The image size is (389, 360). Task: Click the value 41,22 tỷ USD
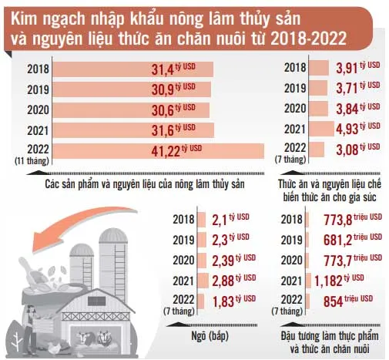(174, 150)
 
